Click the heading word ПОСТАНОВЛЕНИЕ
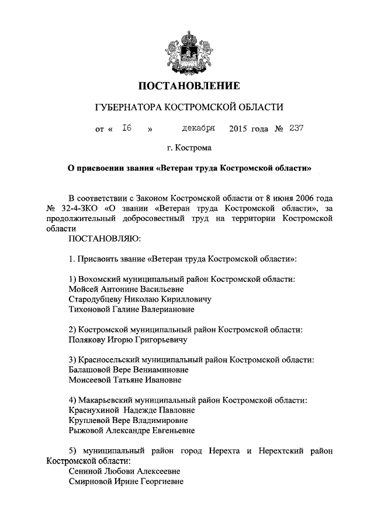(189, 87)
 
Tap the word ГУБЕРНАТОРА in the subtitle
(127, 107)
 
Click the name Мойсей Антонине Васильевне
(126, 289)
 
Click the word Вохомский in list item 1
(100, 279)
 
